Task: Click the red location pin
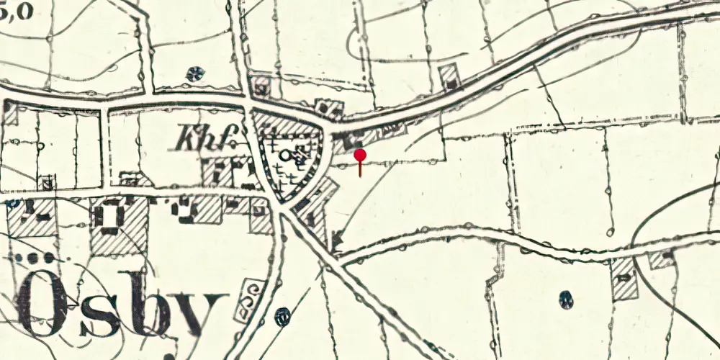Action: (x=360, y=156)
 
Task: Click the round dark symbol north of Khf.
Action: (x=194, y=73)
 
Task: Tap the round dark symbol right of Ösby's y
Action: (x=284, y=315)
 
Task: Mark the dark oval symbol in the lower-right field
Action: (x=566, y=298)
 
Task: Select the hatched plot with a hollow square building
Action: (x=118, y=223)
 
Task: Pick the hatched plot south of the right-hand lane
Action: (x=624, y=278)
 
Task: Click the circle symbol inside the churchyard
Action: (x=287, y=154)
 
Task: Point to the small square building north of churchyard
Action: (x=261, y=89)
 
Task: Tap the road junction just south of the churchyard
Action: (x=282, y=209)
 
